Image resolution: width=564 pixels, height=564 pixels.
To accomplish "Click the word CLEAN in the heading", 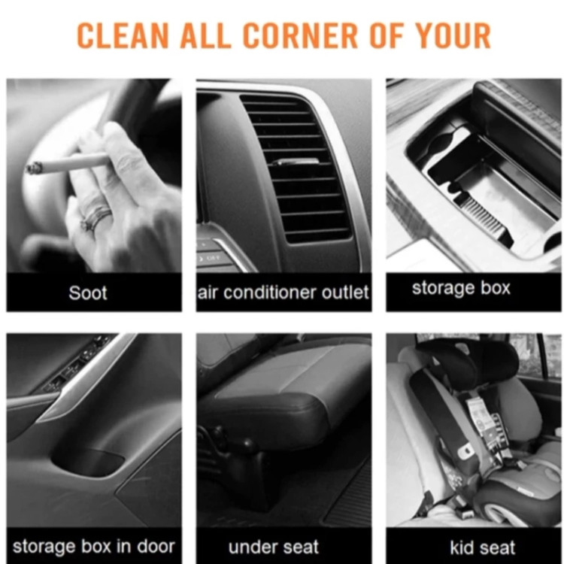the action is pos(123,35).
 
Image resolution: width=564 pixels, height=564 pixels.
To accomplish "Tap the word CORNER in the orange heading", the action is pos(300,35).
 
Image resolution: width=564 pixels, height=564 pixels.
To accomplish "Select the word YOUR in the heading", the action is pos(453,35).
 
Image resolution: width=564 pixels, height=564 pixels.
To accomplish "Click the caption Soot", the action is pos(88,293).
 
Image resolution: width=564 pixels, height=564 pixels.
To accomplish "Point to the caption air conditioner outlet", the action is pos(284,293).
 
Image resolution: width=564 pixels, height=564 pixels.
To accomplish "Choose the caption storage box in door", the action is pos(93,547).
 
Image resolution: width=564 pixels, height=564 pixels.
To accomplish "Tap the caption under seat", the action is pos(274,547).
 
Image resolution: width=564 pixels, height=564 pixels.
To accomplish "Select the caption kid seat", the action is pos(483,547).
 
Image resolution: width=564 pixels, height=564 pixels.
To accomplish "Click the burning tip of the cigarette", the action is pos(33,168).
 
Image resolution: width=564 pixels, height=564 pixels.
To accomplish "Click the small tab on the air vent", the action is pos(295,162).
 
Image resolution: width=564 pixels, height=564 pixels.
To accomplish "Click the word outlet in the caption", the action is pos(345,292).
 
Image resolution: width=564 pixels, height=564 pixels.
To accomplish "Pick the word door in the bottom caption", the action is pos(156,546).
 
